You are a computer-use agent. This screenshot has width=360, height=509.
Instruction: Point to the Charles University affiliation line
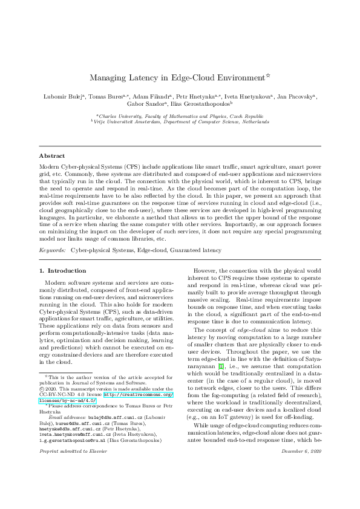pyautogui.click(x=180, y=115)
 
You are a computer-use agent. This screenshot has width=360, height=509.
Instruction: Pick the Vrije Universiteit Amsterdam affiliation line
pyautogui.click(x=180, y=121)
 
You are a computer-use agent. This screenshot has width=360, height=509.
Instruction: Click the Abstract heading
pyautogui.click(x=52, y=155)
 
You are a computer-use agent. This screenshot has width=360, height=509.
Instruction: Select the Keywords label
pyautogui.click(x=53, y=249)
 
